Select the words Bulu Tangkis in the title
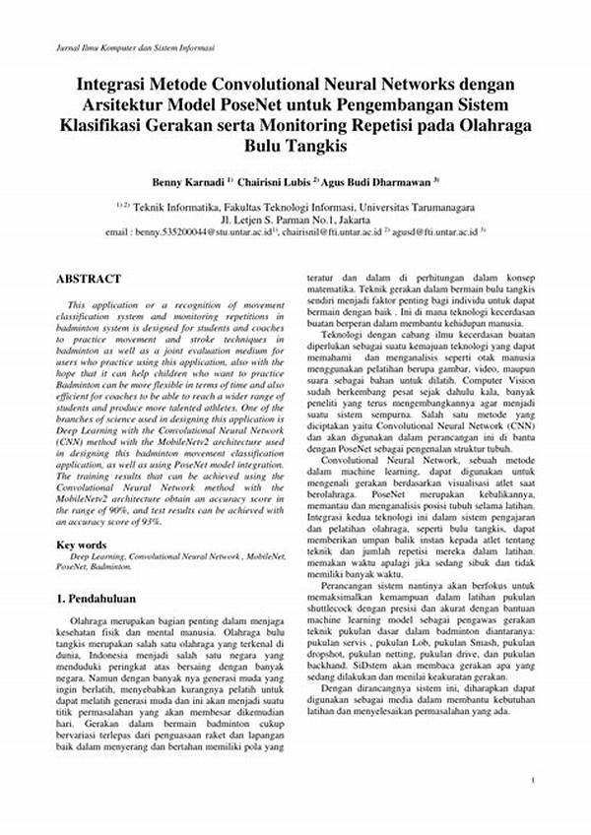[295, 148]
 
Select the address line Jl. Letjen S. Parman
[295, 221]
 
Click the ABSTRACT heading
[89, 279]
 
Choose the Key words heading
[82, 545]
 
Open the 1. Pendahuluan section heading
[96, 598]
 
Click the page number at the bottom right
[532, 780]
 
